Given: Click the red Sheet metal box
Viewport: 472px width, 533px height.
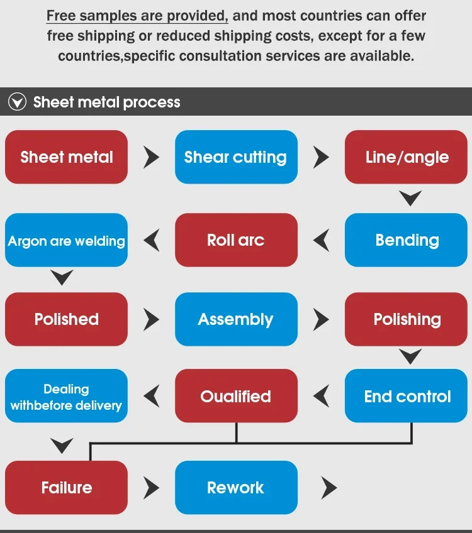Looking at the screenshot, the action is tap(66, 157).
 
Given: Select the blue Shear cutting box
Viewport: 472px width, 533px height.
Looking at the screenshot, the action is tap(236, 157).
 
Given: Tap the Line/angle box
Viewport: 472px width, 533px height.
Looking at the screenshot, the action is tap(407, 157).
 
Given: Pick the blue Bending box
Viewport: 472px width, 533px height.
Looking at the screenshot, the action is tap(407, 240).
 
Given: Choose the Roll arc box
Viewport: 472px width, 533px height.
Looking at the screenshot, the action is tap(236, 240).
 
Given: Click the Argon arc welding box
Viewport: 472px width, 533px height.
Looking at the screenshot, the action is tap(66, 240).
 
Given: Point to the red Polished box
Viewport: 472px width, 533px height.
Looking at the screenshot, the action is tap(66, 319).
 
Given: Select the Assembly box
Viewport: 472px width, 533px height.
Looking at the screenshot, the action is tap(236, 319).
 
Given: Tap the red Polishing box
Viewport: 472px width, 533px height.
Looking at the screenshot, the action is tap(407, 319).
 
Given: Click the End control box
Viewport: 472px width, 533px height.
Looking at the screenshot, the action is tap(407, 396).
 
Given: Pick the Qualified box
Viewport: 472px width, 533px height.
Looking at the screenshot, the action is tap(236, 396).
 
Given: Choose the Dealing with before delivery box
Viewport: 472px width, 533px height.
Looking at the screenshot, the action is tap(66, 396).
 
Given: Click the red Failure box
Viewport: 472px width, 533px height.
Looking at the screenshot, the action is tap(66, 488).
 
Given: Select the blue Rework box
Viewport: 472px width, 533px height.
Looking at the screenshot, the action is tap(236, 488).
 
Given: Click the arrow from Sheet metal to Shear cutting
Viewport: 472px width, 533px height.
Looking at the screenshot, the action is tap(151, 157).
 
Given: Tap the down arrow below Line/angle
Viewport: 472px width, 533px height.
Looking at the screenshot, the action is tap(410, 199).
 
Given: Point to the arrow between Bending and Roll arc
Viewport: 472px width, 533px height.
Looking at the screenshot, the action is tap(322, 239).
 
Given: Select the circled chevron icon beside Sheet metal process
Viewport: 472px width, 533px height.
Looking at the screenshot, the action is tap(17, 102).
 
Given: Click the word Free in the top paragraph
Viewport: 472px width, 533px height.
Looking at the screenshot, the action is tap(61, 15).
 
